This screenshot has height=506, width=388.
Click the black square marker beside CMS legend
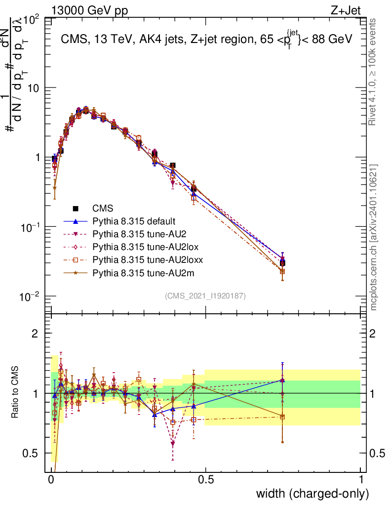[77, 208]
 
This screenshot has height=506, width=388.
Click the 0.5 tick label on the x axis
[206, 480]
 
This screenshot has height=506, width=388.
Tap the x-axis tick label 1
[360, 480]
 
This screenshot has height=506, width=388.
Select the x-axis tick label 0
[51, 480]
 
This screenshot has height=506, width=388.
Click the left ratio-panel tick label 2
[35, 334]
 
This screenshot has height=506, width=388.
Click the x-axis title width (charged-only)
[312, 494]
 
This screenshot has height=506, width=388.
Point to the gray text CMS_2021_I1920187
[205, 295]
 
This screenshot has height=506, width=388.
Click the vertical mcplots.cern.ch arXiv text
[374, 237]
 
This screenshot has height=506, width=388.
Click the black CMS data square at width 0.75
[282, 263]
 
